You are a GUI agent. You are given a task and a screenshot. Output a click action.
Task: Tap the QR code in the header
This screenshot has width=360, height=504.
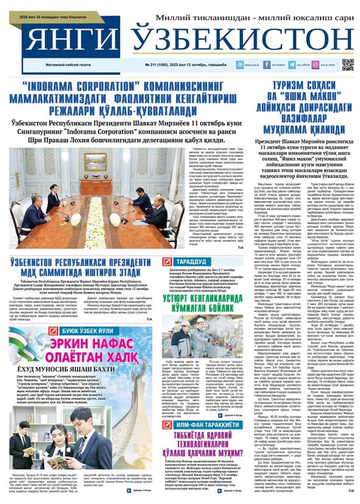347,64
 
